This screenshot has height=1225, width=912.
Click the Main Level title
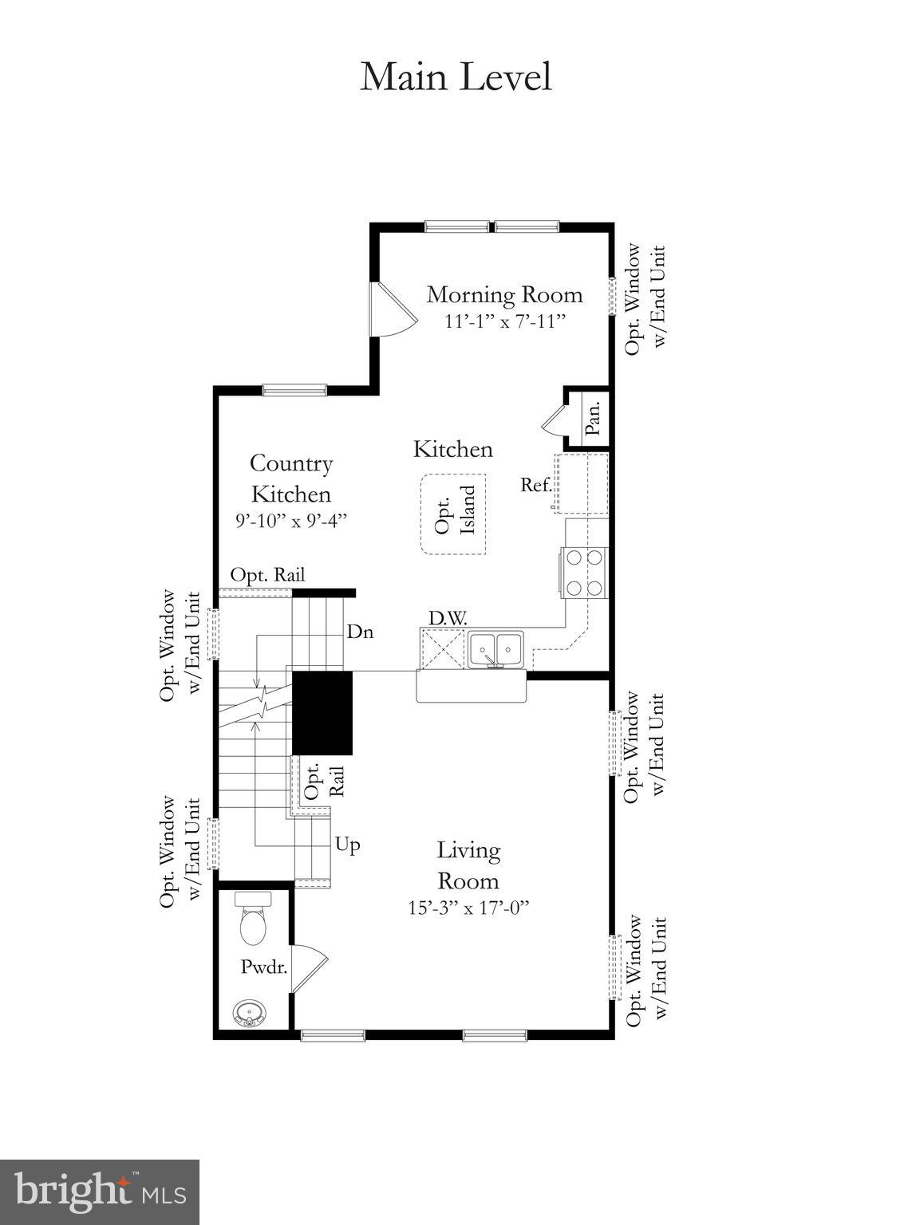(456, 77)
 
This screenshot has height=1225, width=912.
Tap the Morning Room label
(504, 294)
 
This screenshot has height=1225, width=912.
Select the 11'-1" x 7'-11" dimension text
(504, 321)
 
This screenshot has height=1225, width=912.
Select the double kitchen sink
(495, 649)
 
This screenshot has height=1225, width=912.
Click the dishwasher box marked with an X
(442, 649)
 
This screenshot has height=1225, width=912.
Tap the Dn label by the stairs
(360, 632)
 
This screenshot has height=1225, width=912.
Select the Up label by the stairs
(347, 845)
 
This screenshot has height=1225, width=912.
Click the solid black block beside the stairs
(322, 713)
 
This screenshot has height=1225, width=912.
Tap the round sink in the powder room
(249, 1014)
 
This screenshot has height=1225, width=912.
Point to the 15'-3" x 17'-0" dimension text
(468, 908)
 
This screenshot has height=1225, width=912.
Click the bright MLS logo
(100, 1192)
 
